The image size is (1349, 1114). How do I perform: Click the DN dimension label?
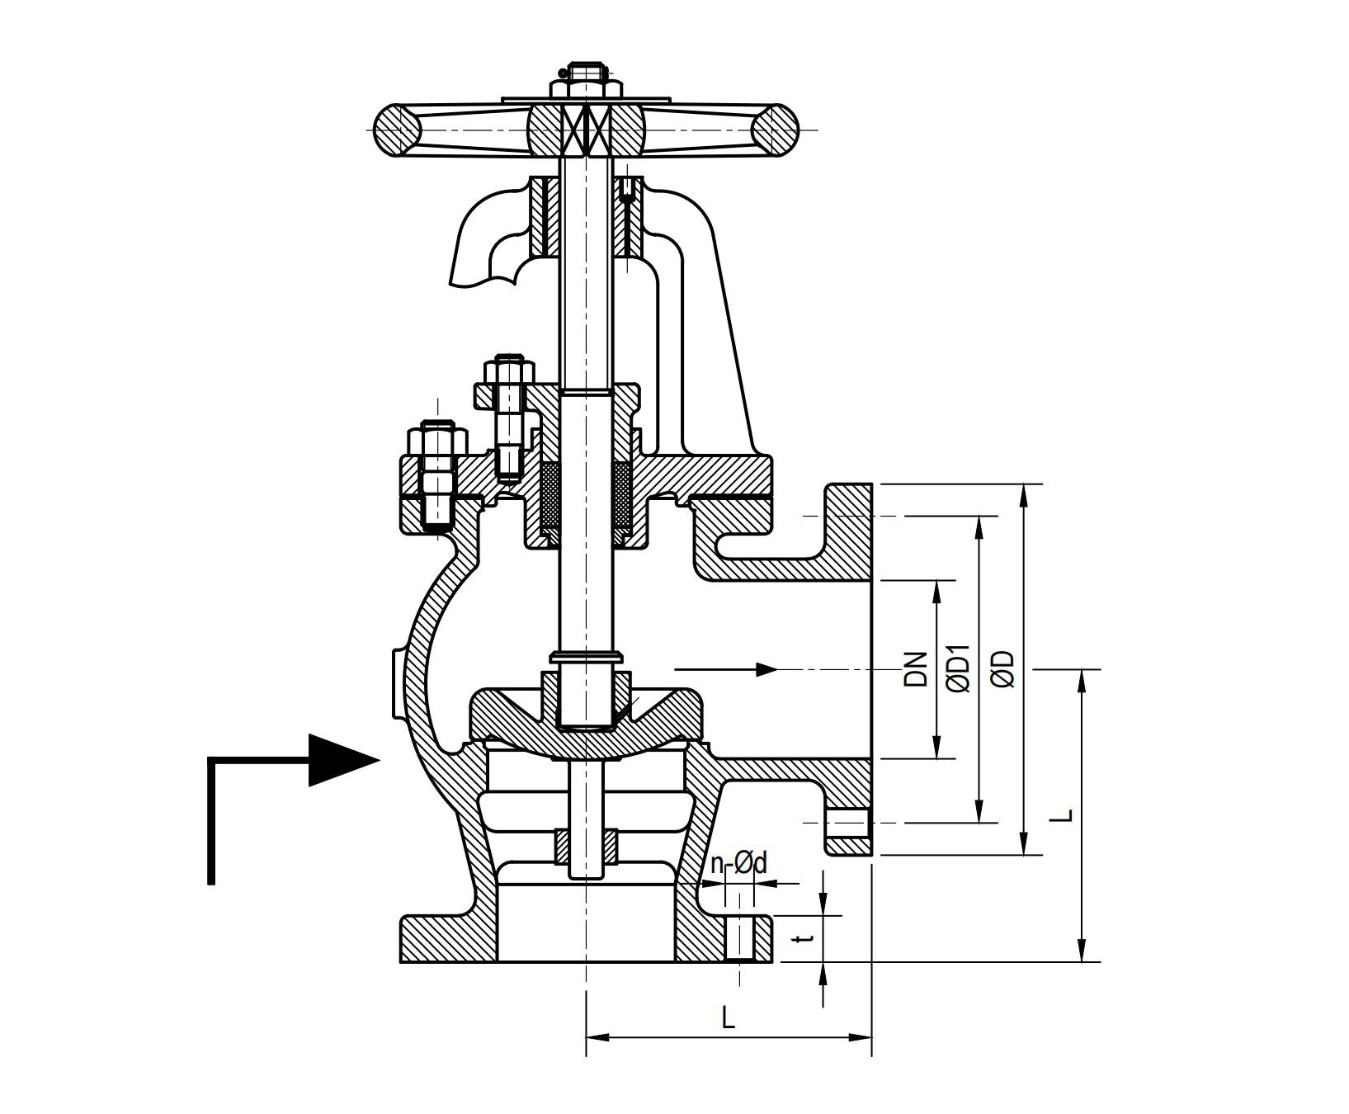click(x=916, y=669)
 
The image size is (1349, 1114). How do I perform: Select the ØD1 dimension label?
click(x=959, y=669)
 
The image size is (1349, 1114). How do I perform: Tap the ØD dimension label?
click(x=1003, y=669)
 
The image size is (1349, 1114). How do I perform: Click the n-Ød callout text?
click(x=738, y=864)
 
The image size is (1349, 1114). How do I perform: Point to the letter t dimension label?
click(x=808, y=938)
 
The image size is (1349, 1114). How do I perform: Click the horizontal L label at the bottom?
click(x=728, y=1018)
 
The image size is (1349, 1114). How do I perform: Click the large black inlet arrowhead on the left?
click(x=342, y=760)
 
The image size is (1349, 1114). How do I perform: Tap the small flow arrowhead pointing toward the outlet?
click(x=766, y=669)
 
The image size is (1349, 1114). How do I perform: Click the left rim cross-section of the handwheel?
click(x=398, y=130)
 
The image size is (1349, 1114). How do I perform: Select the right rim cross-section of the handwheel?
click(x=776, y=130)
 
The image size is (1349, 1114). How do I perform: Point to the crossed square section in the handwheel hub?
click(x=587, y=130)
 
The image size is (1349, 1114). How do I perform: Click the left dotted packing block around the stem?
click(x=550, y=496)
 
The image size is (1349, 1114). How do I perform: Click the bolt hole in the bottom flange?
click(x=741, y=937)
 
